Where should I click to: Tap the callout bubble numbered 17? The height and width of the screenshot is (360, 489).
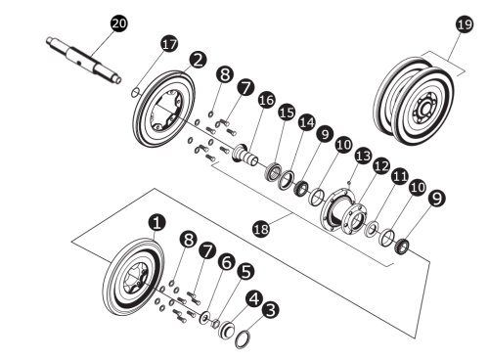169,45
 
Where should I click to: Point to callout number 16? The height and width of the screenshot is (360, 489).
266,101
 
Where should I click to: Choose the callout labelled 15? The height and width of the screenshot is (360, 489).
287,112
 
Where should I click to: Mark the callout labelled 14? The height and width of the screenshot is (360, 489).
308,122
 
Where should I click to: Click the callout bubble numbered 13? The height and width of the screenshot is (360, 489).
364,156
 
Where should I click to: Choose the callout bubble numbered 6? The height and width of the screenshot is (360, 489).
226,262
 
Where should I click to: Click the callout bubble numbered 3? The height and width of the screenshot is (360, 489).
272,310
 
